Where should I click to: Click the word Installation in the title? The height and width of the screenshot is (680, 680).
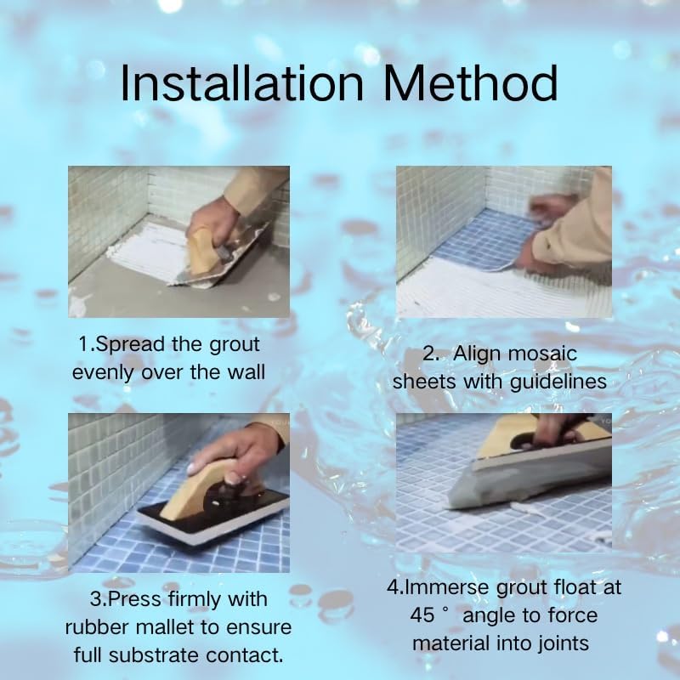tap(241, 82)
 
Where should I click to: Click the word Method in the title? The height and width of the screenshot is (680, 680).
tap(470, 82)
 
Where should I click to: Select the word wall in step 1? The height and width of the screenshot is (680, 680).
tap(248, 372)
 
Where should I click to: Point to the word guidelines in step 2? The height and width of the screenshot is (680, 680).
tap(558, 382)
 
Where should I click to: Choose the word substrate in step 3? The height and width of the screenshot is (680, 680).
tap(156, 655)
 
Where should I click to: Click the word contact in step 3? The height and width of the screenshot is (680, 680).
tap(245, 655)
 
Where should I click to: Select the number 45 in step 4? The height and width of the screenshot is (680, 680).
tap(422, 615)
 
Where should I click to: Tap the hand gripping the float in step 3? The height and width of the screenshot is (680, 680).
tap(235, 460)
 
